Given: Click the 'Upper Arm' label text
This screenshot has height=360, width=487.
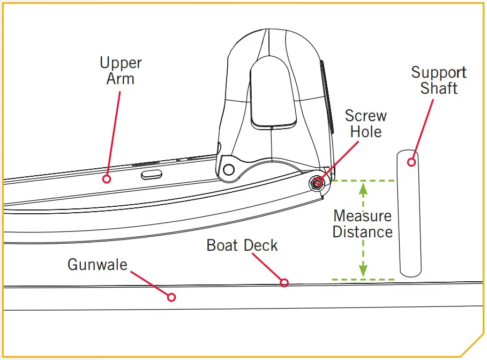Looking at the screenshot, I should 121,71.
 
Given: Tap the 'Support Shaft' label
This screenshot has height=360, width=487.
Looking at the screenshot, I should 439,80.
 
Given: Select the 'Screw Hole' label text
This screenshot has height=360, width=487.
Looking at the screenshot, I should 366,124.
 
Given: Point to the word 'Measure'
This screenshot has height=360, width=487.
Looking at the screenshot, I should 362,216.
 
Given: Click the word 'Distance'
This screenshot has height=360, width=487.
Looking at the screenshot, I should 362,232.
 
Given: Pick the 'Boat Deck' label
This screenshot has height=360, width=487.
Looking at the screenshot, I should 242,245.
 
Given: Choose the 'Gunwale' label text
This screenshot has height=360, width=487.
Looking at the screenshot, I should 98,264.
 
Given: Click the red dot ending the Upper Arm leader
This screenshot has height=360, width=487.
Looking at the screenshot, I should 107,178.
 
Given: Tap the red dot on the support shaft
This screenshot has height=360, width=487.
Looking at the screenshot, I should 411,161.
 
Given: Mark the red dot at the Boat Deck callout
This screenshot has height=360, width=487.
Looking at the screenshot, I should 284,282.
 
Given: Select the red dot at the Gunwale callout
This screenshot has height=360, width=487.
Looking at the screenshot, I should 171,297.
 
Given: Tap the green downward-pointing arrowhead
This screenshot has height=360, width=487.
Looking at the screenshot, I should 363,272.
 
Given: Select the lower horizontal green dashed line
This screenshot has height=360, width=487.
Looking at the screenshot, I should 364,279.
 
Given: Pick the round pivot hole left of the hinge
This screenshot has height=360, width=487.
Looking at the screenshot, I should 229,169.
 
